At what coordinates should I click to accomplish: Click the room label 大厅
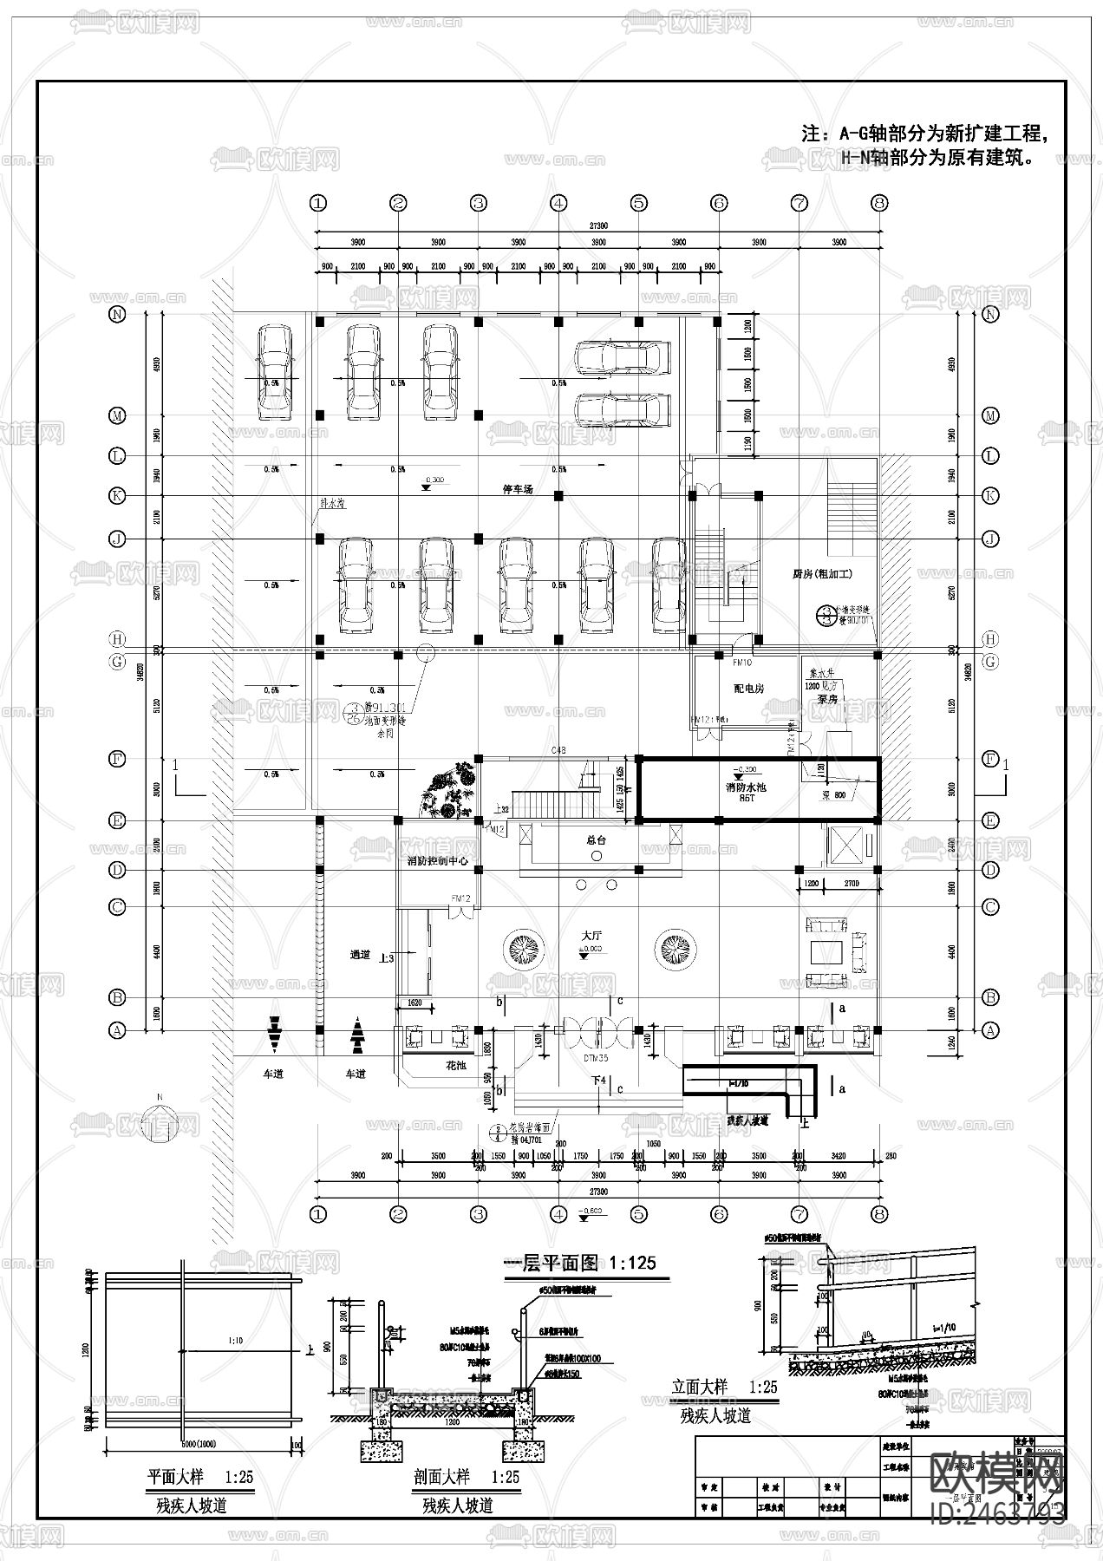click(x=591, y=937)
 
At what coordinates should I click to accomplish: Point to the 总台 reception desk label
click(x=596, y=839)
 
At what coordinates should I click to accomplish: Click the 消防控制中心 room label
click(x=437, y=862)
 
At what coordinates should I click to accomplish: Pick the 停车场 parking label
click(x=518, y=490)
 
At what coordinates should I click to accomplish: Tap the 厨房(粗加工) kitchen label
click(x=823, y=574)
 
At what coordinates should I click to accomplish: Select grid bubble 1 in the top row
click(x=318, y=203)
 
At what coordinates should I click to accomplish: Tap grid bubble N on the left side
click(x=117, y=315)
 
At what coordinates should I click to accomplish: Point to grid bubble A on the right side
click(x=990, y=1030)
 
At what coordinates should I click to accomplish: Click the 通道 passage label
click(x=360, y=954)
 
